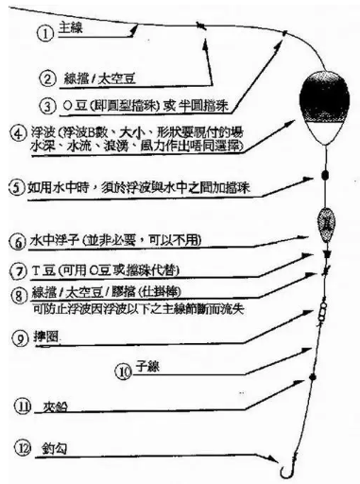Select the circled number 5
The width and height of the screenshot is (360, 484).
coord(15,188)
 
